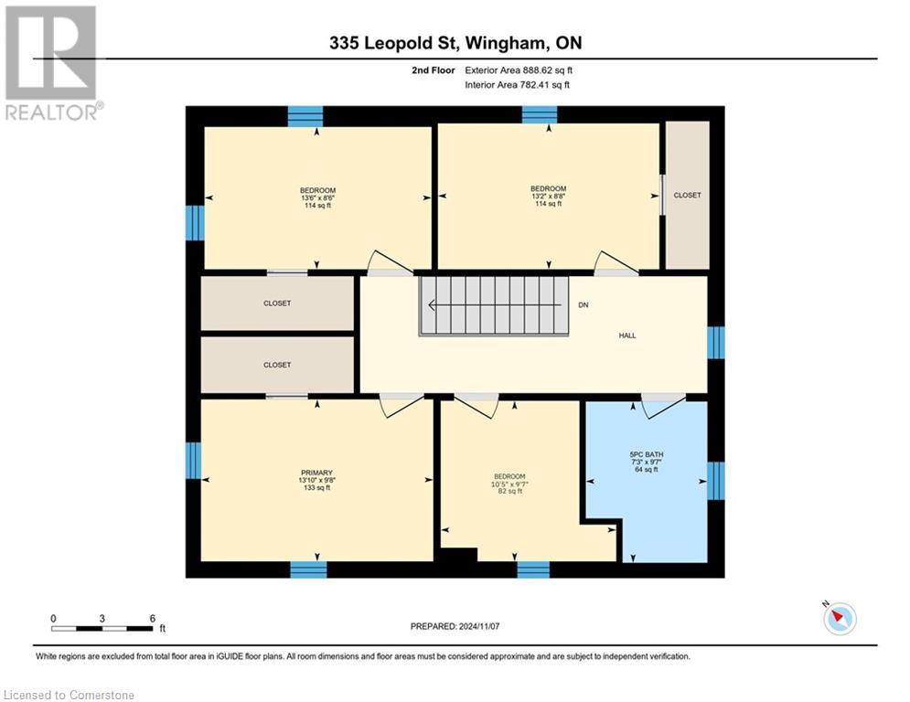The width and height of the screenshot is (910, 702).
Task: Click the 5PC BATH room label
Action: pyautogui.click(x=646, y=453)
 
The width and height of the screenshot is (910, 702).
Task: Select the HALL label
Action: pyautogui.click(x=626, y=335)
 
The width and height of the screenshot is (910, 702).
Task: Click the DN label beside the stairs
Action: pyautogui.click(x=583, y=304)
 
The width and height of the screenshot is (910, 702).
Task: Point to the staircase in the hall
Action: pyautogui.click(x=494, y=306)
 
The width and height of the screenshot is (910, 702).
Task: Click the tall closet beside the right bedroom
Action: pyautogui.click(x=687, y=195)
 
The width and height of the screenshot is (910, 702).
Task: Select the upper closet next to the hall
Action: pyautogui.click(x=277, y=303)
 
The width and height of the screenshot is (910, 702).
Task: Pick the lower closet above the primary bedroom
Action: pyautogui.click(x=277, y=365)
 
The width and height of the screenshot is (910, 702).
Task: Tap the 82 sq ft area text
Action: pyautogui.click(x=509, y=492)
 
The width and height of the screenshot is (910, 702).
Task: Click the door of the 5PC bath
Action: pyautogui.click(x=663, y=406)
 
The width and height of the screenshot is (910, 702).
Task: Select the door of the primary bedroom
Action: pyautogui.click(x=401, y=405)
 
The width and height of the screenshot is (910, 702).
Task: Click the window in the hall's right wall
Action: pyautogui.click(x=716, y=342)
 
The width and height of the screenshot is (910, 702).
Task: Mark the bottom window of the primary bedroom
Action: pyautogui.click(x=308, y=569)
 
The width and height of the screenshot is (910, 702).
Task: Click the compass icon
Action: pyautogui.click(x=839, y=619)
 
